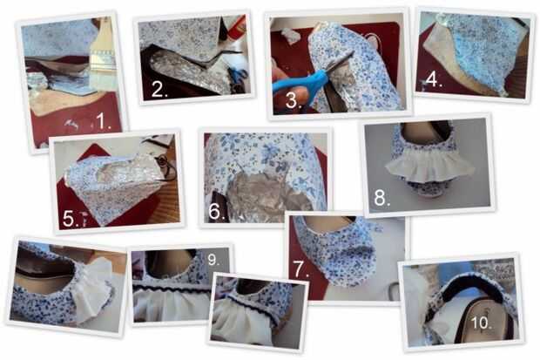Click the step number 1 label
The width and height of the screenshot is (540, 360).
click(103, 121)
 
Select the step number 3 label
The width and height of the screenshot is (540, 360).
click(294, 100)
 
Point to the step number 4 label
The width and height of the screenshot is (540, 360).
click(434, 79)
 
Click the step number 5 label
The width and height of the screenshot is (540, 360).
click(71, 219)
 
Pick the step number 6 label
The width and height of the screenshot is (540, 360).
click(217, 211)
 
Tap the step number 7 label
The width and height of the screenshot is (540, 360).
click(301, 268)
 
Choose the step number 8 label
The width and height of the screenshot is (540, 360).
click(381, 198)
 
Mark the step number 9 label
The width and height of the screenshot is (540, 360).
click(213, 260)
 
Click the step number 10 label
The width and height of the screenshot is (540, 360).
click(481, 323)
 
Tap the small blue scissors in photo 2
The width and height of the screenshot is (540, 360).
click(238, 75)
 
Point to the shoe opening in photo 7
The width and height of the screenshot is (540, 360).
click(329, 225)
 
